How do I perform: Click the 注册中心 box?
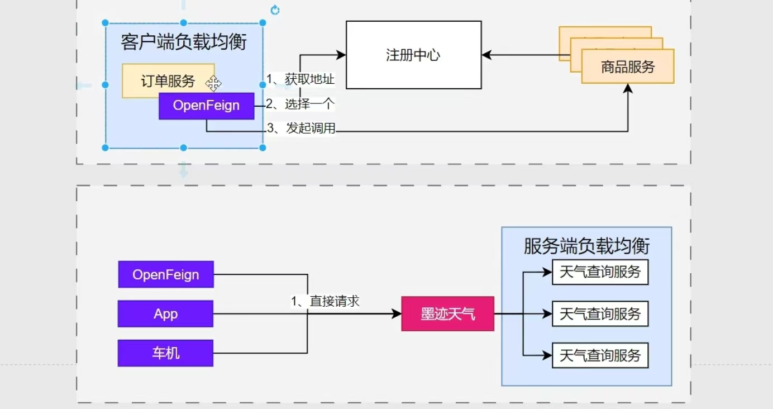(x=413, y=55)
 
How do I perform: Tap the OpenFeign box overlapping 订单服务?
(x=206, y=106)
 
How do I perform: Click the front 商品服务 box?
(x=628, y=67)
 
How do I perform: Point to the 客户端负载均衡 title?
(x=184, y=42)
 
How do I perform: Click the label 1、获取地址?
(x=300, y=79)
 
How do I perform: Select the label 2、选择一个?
(x=300, y=104)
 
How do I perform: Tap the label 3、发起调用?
(x=302, y=129)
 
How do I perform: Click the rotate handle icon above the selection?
(x=275, y=10)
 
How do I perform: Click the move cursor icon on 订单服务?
(x=213, y=84)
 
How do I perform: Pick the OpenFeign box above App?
(x=166, y=274)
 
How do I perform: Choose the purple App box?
(x=165, y=313)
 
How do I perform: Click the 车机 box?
(x=165, y=353)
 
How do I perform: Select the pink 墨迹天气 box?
(x=447, y=313)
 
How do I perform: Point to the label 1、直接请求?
(x=325, y=301)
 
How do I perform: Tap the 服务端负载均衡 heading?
(x=586, y=246)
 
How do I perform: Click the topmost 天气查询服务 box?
(x=600, y=272)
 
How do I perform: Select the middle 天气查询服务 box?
(x=600, y=313)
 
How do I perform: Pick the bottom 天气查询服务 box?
(x=600, y=355)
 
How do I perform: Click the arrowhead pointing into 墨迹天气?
(x=397, y=313)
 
